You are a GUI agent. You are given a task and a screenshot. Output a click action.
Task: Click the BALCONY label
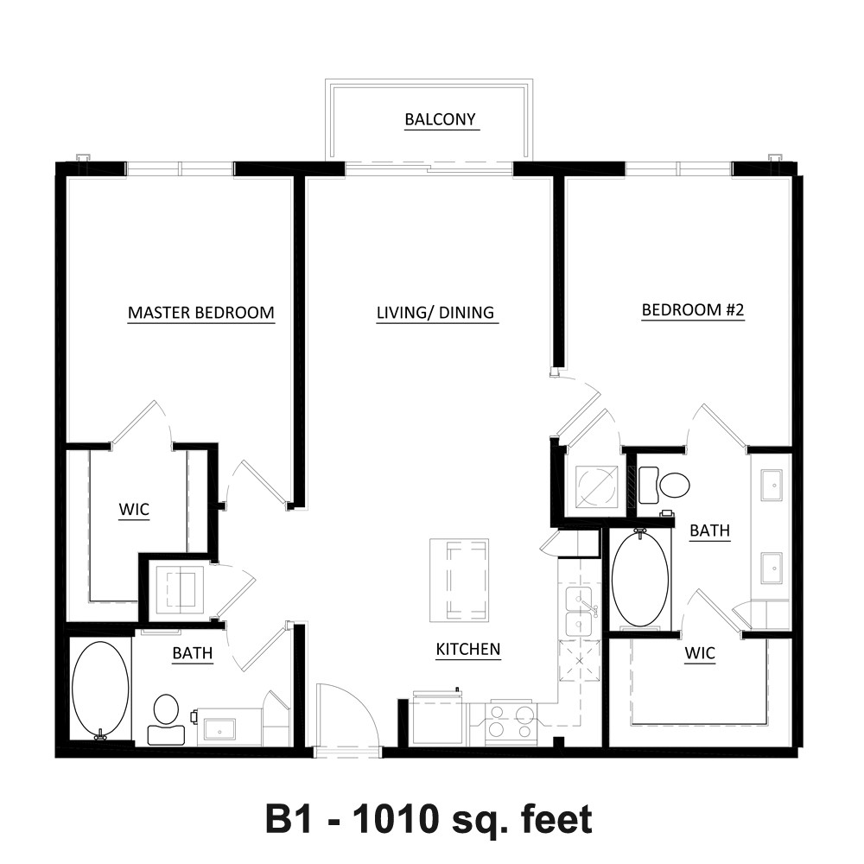tap(440, 119)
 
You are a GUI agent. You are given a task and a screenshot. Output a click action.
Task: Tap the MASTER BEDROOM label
tap(201, 313)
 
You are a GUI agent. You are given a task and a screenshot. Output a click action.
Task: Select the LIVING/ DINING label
tap(435, 313)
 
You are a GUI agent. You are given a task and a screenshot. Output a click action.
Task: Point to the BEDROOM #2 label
tap(693, 309)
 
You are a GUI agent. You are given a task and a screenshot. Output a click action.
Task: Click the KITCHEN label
tap(467, 649)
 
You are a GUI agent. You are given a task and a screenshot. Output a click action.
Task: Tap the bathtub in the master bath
tap(101, 689)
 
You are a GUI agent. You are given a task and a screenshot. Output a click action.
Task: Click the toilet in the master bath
tap(165, 719)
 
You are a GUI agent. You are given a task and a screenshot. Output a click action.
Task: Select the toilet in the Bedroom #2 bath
tap(664, 485)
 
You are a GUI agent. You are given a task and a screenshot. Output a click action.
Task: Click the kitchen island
tap(459, 581)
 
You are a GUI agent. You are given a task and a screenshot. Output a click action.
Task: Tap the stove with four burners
tap(511, 721)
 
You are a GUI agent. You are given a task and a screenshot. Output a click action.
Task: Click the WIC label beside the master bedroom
tap(134, 509)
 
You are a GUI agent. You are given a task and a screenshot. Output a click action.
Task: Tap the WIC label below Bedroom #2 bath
tap(700, 653)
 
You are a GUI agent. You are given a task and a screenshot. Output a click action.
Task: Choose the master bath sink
tap(219, 727)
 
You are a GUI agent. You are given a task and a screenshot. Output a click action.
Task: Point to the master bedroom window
tap(181, 168)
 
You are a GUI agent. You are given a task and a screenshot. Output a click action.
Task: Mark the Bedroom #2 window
tap(679, 168)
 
